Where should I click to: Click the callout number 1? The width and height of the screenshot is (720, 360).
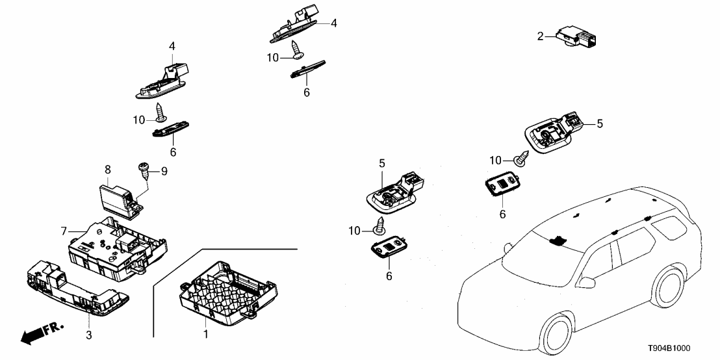coord(207,335)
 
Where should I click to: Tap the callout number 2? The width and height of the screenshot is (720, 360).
coord(540,36)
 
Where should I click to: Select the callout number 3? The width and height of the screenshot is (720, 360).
coord(90,335)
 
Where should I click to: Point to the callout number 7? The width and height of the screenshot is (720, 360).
coord(64,231)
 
